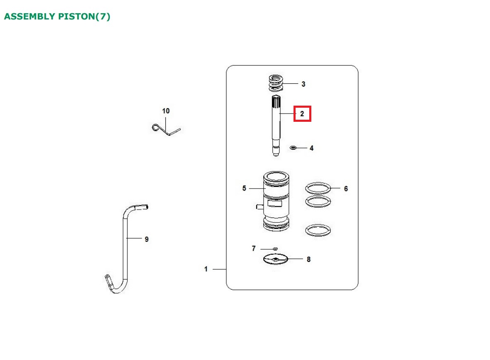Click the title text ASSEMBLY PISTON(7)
point(57,16)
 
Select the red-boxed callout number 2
point(302,114)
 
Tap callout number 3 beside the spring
point(303,84)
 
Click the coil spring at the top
point(276,83)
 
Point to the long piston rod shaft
point(276,125)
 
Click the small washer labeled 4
point(293,147)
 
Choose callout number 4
point(312,148)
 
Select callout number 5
point(244,188)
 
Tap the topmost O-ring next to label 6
point(318,188)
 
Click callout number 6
point(346,188)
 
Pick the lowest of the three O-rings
point(318,230)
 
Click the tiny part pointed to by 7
point(275,249)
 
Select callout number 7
point(254,249)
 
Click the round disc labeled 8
point(275,259)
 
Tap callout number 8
point(309,259)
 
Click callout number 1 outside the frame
point(206,269)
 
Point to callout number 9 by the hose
point(147,239)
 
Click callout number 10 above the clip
point(166,111)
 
